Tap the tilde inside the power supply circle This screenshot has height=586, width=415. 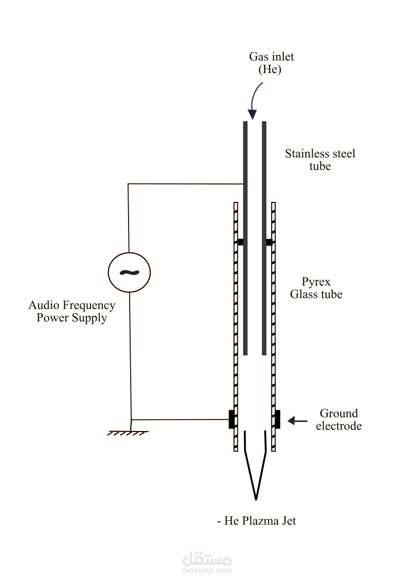pyautogui.click(x=129, y=272)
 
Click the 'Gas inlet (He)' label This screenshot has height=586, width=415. pyautogui.click(x=271, y=63)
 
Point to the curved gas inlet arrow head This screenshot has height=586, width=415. pyautogui.click(x=252, y=114)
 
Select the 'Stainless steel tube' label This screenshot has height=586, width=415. pyautogui.click(x=320, y=160)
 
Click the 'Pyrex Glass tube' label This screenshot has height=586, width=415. pyautogui.click(x=316, y=288)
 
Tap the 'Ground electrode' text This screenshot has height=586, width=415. pyautogui.click(x=339, y=420)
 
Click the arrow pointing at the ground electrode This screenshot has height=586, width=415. pyautogui.click(x=297, y=421)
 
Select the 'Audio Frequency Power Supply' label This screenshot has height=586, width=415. pyautogui.click(x=72, y=312)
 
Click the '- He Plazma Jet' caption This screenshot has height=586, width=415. pyautogui.click(x=256, y=521)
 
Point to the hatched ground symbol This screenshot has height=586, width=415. pyautogui.click(x=128, y=434)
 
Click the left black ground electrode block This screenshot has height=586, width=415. pyautogui.click(x=232, y=420)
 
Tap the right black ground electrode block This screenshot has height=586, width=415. pyautogui.click(x=278, y=420)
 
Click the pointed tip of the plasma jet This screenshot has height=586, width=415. pyautogui.click(x=256, y=500)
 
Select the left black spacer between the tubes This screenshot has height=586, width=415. pyautogui.click(x=240, y=242)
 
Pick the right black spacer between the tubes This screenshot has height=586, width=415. pyautogui.click(x=269, y=242)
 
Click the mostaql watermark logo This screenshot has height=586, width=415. pyautogui.click(x=207, y=563)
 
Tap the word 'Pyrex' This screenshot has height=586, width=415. pyautogui.click(x=316, y=282)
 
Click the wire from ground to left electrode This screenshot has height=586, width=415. pyautogui.click(x=180, y=420)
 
